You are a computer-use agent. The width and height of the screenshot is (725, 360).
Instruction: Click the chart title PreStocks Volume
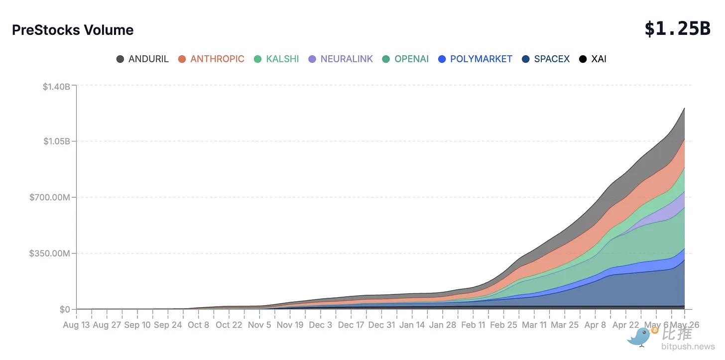[x=73, y=30]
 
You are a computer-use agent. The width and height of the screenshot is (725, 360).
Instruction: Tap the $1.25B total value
[x=677, y=29]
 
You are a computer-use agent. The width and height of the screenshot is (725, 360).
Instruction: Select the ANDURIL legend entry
[x=142, y=59]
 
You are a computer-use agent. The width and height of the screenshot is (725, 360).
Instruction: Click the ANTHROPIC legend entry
[x=211, y=59]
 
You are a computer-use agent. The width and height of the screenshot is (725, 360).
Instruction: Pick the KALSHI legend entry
[x=276, y=59]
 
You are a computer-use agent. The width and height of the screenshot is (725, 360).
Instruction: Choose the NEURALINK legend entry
[x=341, y=59]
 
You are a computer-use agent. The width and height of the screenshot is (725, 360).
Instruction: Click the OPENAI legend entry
[x=405, y=59]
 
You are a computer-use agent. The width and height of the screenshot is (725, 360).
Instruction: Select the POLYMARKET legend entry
[x=475, y=59]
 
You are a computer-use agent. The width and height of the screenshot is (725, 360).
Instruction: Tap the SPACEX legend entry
[x=546, y=59]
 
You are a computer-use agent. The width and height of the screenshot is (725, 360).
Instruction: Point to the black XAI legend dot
[x=583, y=59]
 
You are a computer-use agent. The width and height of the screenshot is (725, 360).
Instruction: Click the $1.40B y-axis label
[x=56, y=87]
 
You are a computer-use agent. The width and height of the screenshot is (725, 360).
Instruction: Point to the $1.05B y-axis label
[x=57, y=141]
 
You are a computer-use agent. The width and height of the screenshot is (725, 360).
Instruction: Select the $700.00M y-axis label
[x=49, y=197]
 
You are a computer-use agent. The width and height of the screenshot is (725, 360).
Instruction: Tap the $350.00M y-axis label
[x=49, y=253]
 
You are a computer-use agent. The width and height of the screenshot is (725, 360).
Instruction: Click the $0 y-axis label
[x=65, y=310]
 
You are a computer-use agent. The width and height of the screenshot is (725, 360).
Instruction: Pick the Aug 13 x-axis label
[x=76, y=325]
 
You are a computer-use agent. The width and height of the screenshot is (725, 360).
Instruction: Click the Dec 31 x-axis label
[x=381, y=325]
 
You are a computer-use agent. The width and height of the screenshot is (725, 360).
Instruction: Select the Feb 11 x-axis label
[x=473, y=325]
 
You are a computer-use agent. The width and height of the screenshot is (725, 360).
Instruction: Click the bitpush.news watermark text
[x=688, y=347]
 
